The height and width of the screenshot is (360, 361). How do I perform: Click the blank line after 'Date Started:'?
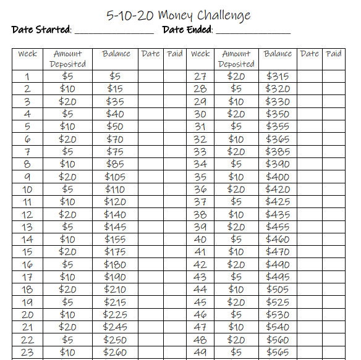click(x=114, y=30)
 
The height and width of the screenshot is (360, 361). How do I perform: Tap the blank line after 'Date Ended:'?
click(x=253, y=30)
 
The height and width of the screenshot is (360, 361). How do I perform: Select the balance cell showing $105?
click(x=115, y=177)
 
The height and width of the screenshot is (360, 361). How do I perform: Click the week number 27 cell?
click(x=200, y=77)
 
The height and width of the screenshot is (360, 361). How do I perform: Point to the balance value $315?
click(x=278, y=77)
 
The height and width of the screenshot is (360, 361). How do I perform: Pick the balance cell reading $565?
click(x=278, y=353)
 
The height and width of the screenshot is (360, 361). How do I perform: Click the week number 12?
click(x=27, y=215)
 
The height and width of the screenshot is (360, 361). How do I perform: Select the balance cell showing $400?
click(x=278, y=177)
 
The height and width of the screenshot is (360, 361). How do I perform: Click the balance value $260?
click(x=115, y=353)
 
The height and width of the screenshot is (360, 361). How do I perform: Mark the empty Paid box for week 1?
click(x=175, y=77)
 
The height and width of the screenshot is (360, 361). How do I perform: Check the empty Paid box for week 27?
click(x=333, y=77)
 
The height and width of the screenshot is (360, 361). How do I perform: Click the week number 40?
click(x=200, y=240)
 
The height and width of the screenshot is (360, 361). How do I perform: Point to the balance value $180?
click(x=115, y=265)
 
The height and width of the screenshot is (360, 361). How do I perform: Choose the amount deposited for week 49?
click(x=236, y=353)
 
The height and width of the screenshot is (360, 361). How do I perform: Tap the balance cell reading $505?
click(x=278, y=290)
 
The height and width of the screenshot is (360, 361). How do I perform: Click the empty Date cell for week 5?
click(x=150, y=127)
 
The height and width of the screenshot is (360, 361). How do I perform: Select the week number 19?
click(x=27, y=303)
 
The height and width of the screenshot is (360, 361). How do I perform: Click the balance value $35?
click(x=115, y=102)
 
